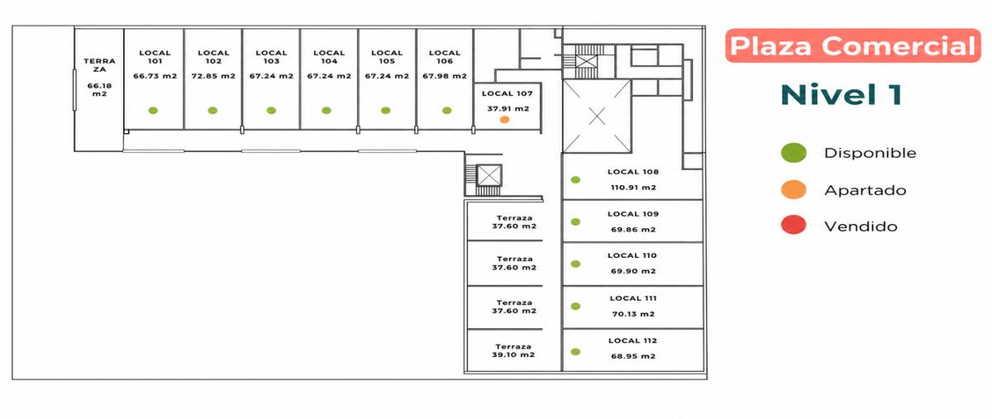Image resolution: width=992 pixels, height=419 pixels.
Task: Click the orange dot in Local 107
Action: tap(504, 120)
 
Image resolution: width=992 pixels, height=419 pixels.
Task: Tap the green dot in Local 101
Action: tap(153, 110)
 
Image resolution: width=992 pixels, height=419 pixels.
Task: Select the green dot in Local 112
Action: tap(575, 352)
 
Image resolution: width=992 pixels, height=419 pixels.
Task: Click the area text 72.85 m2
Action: tap(213, 76)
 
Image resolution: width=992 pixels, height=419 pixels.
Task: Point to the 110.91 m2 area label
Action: tap(633, 188)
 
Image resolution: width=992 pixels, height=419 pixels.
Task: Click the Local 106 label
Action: tap(445, 57)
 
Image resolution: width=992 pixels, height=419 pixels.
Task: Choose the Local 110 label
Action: tap(632, 255)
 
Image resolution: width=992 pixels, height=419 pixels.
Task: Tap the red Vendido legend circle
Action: tap(794, 225)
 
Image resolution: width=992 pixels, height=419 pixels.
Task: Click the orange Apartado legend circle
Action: tap(794, 189)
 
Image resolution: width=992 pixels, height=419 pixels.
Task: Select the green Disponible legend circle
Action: tap(794, 153)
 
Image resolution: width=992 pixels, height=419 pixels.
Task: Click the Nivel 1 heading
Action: tap(842, 95)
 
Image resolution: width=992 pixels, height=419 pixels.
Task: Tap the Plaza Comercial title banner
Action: tap(853, 45)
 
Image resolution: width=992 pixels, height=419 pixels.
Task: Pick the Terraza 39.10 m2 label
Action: tap(513, 350)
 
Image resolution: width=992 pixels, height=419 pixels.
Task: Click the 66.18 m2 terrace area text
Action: tap(100, 90)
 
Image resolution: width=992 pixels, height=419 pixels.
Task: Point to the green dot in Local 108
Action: tap(575, 180)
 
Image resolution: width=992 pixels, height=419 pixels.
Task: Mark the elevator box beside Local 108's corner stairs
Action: tap(489, 176)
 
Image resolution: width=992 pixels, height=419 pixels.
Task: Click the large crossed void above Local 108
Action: tap(597, 117)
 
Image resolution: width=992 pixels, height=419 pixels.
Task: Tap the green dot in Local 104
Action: tap(327, 110)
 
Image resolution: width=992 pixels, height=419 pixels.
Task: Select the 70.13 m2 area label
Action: tap(633, 314)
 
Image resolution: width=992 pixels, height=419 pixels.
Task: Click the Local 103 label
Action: tap(271, 57)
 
